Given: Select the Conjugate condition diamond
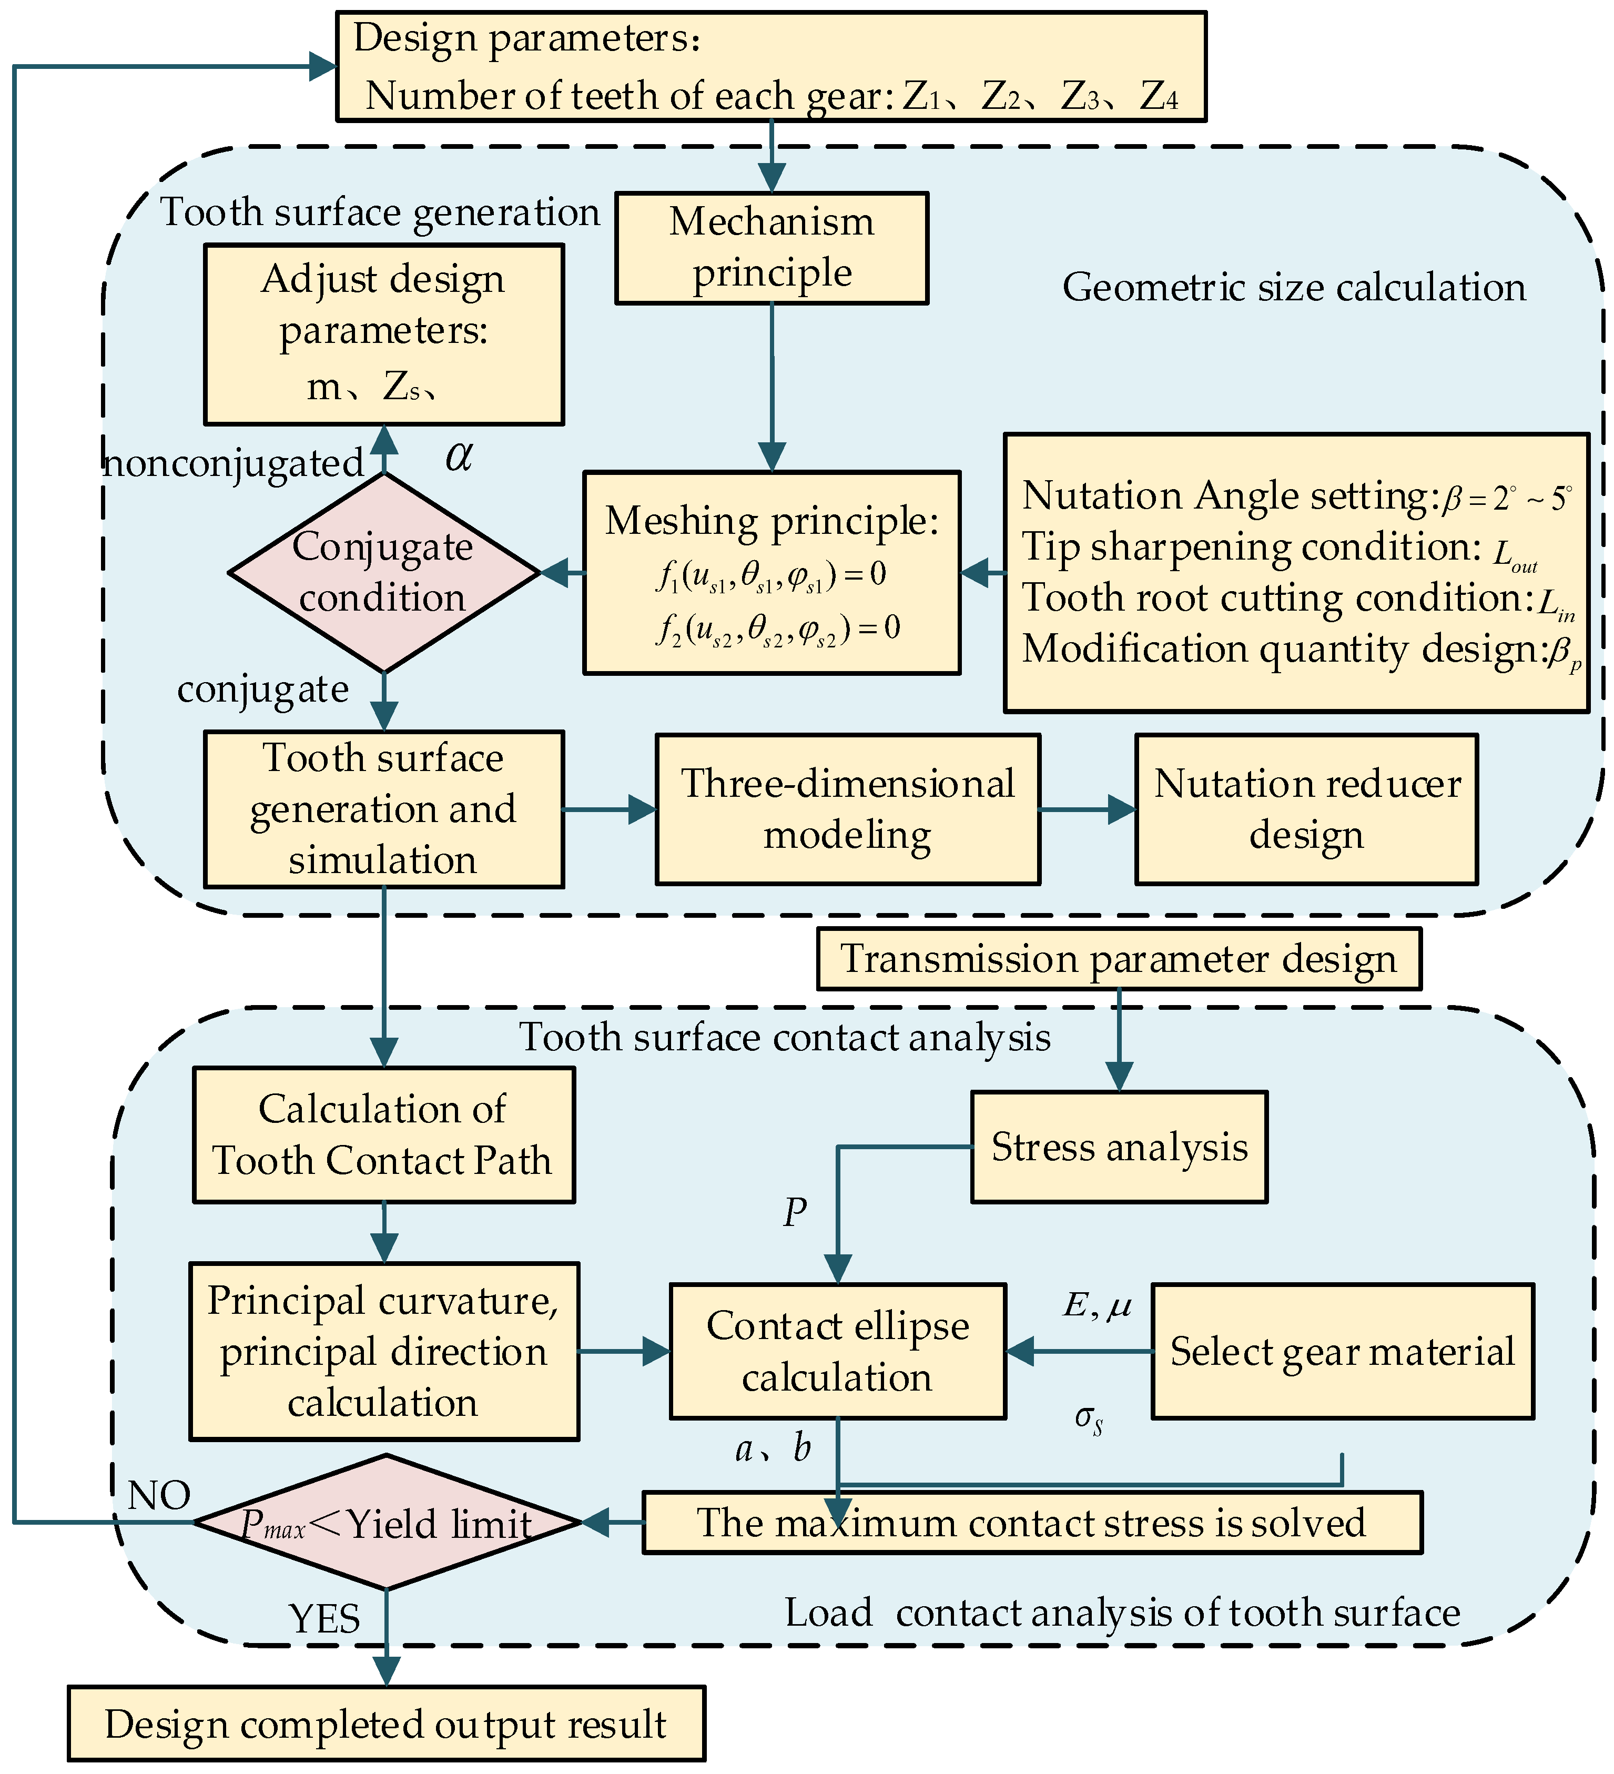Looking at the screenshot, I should coord(384,573).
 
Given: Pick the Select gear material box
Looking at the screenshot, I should coord(1342,1351).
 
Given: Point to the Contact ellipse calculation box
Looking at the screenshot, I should coord(837,1351).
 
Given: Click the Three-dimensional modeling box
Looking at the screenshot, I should coord(847,809).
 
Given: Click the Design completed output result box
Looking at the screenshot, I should coord(387,1724).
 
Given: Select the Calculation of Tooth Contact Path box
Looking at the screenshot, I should coord(384,1135).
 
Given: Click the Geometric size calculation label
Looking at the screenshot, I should coord(1294,288).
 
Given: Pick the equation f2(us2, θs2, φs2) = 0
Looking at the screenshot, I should coord(777,629).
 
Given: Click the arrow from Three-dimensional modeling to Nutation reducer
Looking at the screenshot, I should coord(1088,809).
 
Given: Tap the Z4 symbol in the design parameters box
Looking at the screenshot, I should coord(1159,96).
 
